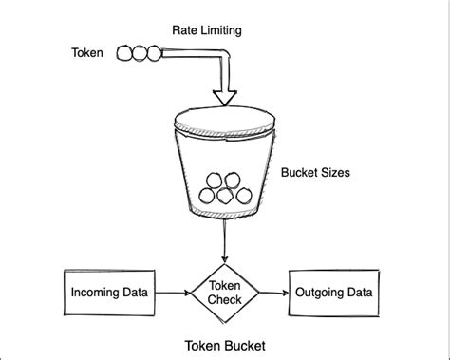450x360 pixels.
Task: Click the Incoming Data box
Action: pos(109,294)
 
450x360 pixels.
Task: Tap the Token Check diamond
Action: pos(225,294)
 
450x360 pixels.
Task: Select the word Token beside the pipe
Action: pos(87,54)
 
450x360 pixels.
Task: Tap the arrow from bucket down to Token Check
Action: pos(225,243)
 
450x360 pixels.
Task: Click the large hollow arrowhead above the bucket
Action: pos(225,95)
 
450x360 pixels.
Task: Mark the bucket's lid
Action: pos(225,122)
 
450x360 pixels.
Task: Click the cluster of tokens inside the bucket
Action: pos(225,188)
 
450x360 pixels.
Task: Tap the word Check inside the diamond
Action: pos(225,300)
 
